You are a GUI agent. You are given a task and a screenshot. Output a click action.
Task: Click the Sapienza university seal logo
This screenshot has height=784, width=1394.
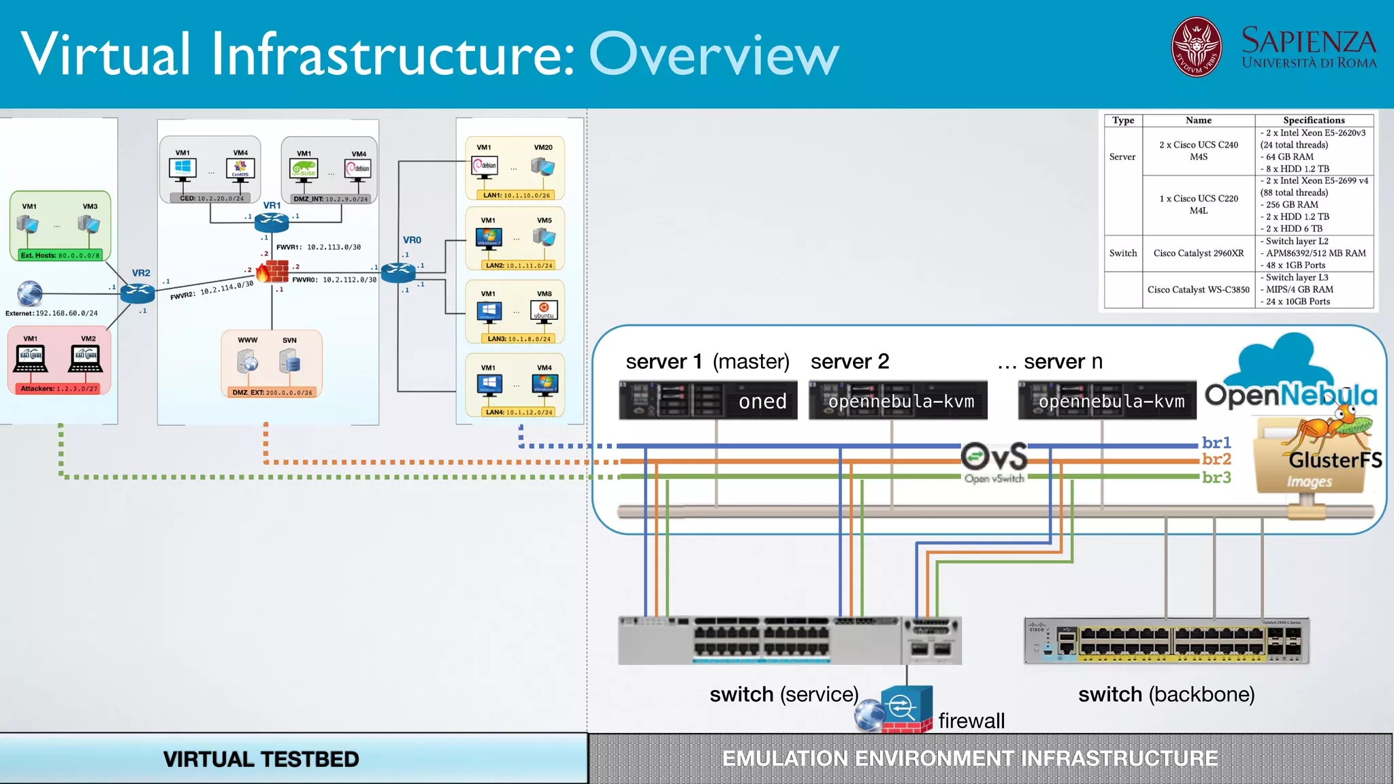pyautogui.click(x=1196, y=47)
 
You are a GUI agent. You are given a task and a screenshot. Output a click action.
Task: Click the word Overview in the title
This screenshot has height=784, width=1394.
pyautogui.click(x=714, y=55)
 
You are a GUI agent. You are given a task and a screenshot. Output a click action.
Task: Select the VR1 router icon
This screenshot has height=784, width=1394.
pyautogui.click(x=272, y=222)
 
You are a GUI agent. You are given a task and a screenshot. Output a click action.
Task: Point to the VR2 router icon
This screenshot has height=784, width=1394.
pyautogui.click(x=137, y=293)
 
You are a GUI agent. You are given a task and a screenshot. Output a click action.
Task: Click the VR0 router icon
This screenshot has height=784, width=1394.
pyautogui.click(x=398, y=272)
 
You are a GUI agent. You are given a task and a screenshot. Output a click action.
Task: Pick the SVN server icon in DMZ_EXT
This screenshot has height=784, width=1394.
pyautogui.click(x=291, y=362)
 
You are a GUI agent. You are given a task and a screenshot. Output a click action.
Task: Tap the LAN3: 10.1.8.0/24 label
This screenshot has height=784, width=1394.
pyautogui.click(x=519, y=338)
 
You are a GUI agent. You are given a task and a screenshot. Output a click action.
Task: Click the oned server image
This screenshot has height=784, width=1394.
pyautogui.click(x=708, y=400)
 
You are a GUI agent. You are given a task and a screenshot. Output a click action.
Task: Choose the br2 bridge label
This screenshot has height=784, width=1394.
pyautogui.click(x=1216, y=459)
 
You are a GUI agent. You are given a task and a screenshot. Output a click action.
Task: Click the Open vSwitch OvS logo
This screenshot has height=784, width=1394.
pyautogui.click(x=994, y=458)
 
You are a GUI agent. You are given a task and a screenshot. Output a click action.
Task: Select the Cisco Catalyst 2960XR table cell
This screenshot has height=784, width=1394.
pyautogui.click(x=1198, y=253)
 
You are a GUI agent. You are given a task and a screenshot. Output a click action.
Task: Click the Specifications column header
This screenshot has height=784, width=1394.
pyautogui.click(x=1313, y=120)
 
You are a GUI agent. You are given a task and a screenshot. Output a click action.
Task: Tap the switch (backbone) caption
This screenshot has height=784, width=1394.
pyautogui.click(x=1166, y=694)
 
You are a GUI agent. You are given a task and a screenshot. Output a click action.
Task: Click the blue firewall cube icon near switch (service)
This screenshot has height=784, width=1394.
pyautogui.click(x=906, y=708)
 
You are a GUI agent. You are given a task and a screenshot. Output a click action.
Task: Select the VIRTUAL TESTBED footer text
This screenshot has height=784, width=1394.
pyautogui.click(x=261, y=759)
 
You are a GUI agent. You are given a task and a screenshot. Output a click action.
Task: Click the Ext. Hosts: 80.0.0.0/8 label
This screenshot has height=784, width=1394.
pyautogui.click(x=60, y=255)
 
